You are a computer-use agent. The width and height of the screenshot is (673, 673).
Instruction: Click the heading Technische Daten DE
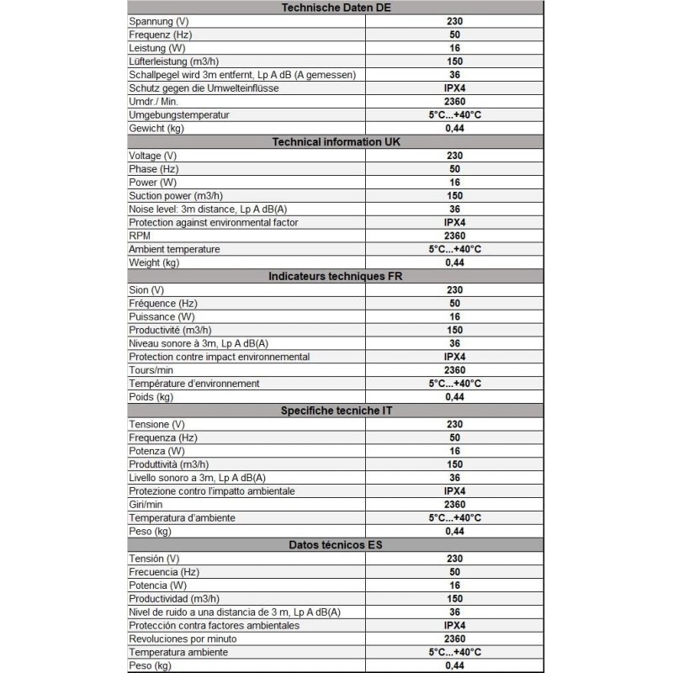click(336, 8)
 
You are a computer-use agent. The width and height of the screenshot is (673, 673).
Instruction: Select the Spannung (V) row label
click(158, 21)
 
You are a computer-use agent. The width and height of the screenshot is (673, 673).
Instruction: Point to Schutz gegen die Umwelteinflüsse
click(203, 88)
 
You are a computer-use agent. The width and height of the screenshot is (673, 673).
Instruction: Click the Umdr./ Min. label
click(155, 101)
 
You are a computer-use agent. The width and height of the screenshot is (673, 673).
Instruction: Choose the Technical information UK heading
click(336, 141)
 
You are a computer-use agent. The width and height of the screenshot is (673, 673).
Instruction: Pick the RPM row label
click(140, 236)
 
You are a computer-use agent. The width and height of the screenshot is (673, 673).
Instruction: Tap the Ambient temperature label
click(174, 249)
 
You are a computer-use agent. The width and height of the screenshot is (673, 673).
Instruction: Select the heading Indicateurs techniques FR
click(336, 276)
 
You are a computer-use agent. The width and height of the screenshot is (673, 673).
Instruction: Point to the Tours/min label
click(152, 370)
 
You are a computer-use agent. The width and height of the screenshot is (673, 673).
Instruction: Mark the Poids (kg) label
click(151, 397)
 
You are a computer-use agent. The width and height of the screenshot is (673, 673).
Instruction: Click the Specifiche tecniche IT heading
click(336, 411)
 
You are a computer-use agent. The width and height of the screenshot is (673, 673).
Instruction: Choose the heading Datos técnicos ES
click(336, 544)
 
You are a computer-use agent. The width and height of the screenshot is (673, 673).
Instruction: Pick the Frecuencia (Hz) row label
click(164, 571)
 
